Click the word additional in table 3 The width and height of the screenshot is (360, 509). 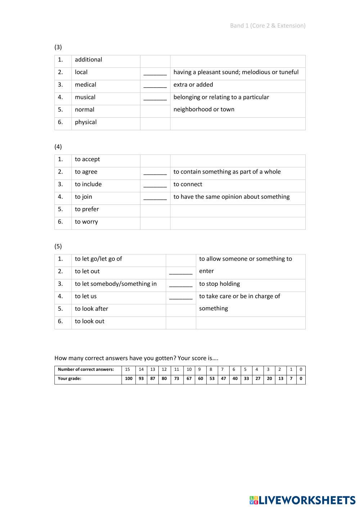coord(88,60)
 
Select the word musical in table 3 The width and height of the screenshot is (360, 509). coord(85,97)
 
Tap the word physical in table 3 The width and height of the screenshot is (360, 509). coord(86,122)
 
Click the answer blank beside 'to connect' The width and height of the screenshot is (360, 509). coord(155,185)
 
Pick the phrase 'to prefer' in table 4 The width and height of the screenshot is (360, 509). coord(87,209)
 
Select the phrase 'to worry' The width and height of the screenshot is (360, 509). coord(86,222)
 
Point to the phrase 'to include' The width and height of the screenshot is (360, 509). coord(88,184)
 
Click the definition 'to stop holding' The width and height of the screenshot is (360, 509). coord(219,284)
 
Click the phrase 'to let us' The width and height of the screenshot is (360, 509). coord(86,296)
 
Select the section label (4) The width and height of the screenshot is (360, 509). coord(58,147)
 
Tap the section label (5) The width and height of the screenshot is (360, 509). coord(58,246)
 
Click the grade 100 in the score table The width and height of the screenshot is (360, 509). coord(129,379)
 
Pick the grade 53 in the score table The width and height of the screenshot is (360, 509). coord(212,379)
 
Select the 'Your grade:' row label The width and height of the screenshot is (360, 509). coord(69,379)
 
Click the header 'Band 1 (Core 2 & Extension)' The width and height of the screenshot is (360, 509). coord(267,26)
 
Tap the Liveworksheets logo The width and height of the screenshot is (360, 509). coord(302,500)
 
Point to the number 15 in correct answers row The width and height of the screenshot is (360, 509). coord(127,369)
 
